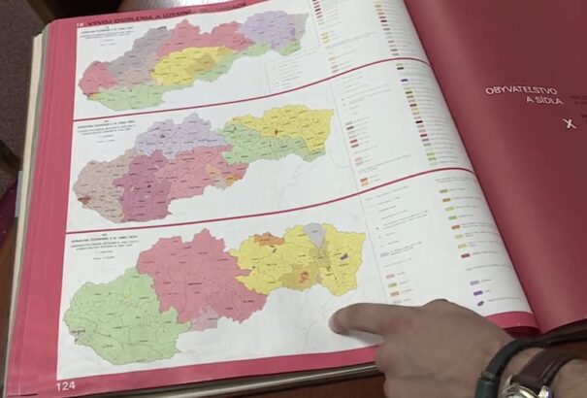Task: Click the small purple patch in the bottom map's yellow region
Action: tap(344, 256)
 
